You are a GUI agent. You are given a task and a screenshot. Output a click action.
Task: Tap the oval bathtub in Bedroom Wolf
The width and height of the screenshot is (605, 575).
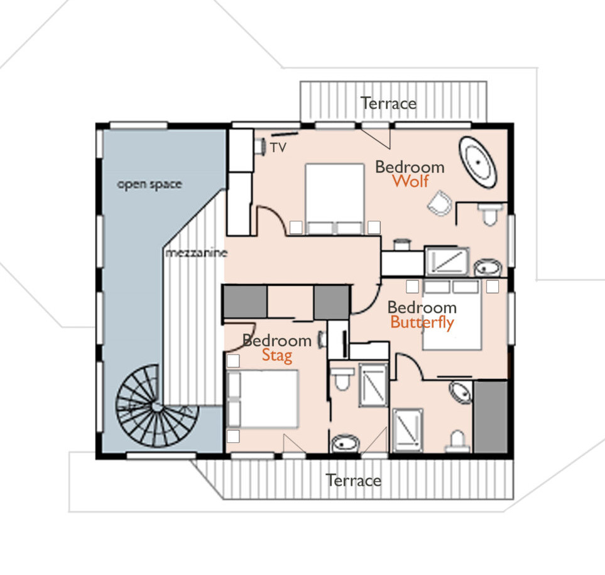coord(477,163)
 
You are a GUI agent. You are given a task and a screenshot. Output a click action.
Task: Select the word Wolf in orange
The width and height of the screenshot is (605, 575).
coord(410,181)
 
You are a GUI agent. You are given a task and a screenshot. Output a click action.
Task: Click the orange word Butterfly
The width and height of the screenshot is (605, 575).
coord(422,322)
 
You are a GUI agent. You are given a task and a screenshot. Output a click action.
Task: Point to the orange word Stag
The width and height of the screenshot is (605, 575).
coord(277,356)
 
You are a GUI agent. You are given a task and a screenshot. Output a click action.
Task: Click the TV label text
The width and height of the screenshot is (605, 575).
coord(278,148)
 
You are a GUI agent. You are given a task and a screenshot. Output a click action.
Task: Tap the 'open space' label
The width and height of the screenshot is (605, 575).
coord(150,185)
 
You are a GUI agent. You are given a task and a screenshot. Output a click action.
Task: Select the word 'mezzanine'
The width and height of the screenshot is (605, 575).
coord(197,253)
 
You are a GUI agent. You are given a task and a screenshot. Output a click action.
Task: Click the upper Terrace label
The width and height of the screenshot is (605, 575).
coord(388,104)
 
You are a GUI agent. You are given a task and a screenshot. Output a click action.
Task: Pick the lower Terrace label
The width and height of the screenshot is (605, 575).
coord(354,481)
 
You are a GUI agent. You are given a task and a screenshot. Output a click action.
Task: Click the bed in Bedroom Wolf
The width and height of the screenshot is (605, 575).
coord(335,199)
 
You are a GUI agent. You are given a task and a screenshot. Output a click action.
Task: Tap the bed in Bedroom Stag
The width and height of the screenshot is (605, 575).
coord(263,399)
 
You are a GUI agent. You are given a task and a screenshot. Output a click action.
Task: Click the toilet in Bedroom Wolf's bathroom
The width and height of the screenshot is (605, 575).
coord(490,214)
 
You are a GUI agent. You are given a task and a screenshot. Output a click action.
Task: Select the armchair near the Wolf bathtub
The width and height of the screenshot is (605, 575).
coord(440,203)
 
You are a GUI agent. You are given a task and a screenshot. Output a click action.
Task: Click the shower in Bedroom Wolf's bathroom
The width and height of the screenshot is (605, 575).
coord(447,261)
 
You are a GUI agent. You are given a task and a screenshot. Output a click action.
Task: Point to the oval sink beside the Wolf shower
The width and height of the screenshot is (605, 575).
coord(488,268)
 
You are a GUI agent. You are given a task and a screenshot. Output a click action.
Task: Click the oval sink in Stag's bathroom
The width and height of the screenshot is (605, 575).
coord(346,444)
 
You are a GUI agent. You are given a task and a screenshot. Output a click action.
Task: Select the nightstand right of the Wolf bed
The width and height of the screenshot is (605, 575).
coord(374,227)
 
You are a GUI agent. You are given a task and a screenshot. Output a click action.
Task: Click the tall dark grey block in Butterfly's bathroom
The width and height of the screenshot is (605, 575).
coord(491,417)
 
